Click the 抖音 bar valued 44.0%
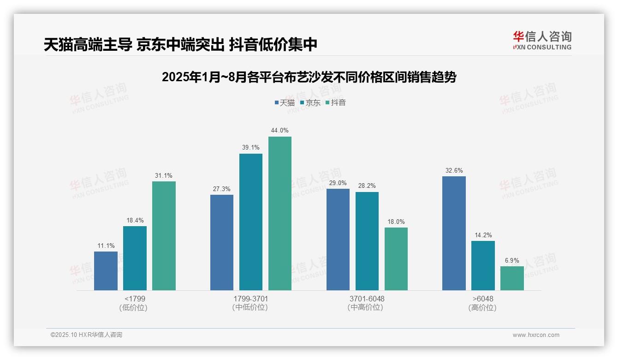click(x=280, y=213)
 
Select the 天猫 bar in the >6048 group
click(x=454, y=233)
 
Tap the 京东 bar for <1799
click(x=135, y=258)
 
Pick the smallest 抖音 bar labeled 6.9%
click(x=512, y=278)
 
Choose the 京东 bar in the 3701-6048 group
click(x=367, y=241)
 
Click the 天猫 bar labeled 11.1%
click(x=106, y=271)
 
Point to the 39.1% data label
click(x=251, y=148)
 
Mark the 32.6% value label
click(x=454, y=171)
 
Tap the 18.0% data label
click(x=396, y=222)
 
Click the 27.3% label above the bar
click(x=222, y=189)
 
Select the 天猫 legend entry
click(x=284, y=103)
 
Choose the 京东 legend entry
click(x=310, y=103)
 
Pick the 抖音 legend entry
click(x=335, y=103)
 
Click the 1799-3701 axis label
click(x=251, y=299)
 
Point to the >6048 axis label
click(x=483, y=299)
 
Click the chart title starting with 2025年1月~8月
click(x=309, y=77)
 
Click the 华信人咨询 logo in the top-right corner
click(x=542, y=40)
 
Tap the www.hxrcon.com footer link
click(x=536, y=335)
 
